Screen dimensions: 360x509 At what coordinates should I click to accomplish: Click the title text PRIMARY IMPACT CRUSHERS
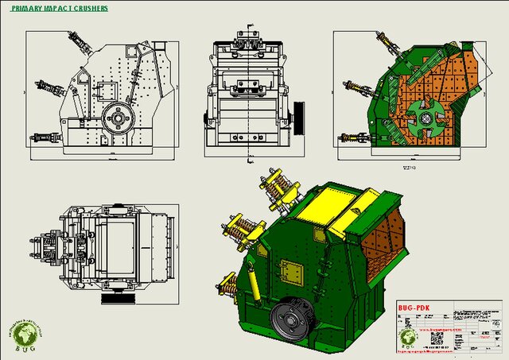pyautogui.click(x=60, y=9)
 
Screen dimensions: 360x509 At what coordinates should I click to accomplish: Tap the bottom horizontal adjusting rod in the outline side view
pyautogui.click(x=46, y=137)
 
